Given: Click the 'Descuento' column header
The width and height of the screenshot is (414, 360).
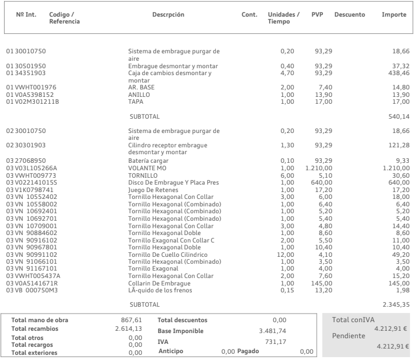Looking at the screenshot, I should point(349,14).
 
